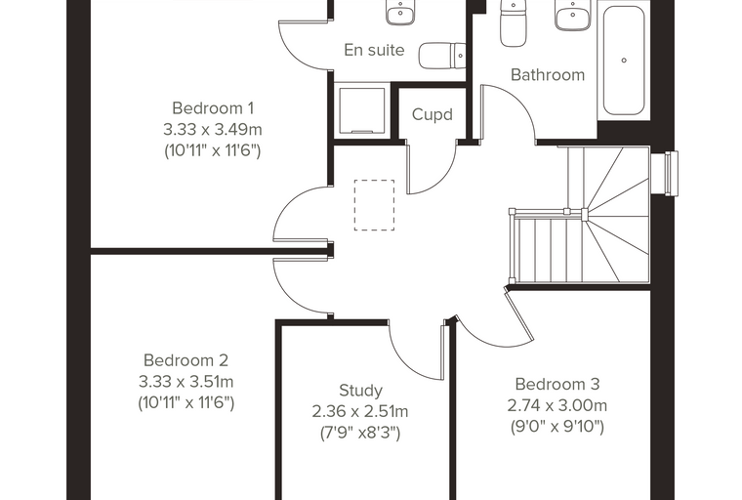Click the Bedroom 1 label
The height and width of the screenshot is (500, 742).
coord(213,108)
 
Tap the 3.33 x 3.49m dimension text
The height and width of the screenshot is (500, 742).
coord(213,129)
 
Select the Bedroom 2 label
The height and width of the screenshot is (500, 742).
coord(185,360)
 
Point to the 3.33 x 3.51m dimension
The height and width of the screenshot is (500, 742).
coord(185,382)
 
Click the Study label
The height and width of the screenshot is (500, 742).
coord(360,391)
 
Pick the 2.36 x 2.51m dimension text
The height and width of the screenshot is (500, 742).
coord(360,412)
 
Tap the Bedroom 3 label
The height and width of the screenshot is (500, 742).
coord(557,384)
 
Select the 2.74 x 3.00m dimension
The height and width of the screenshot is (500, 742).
coord(557,406)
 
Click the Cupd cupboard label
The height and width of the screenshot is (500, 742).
coord(433,114)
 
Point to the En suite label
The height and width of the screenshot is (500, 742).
coord(374,50)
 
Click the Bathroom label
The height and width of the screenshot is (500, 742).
coord(548,75)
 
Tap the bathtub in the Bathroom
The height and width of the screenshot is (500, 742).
coord(624,61)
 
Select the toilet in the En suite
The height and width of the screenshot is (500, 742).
coord(442,56)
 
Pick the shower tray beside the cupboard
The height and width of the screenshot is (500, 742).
coord(362,110)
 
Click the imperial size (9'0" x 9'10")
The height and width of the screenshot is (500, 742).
coord(557,427)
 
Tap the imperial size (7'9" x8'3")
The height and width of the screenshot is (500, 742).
coord(360,434)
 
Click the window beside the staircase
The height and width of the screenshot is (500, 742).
coord(665,173)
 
